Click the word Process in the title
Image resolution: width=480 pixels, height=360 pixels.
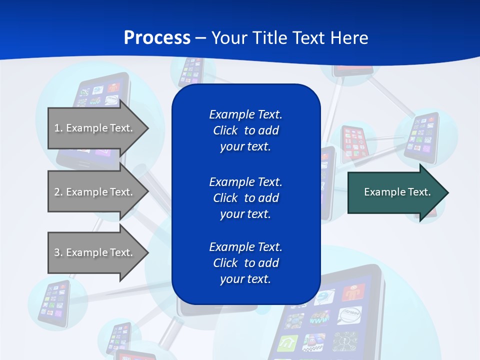tap(157, 38)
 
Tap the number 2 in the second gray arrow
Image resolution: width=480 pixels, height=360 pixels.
tap(57, 192)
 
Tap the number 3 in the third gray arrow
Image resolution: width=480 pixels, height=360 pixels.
tap(57, 252)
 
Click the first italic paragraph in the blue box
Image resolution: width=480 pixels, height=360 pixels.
tap(245, 130)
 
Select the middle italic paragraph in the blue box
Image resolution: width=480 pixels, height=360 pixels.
tap(245, 197)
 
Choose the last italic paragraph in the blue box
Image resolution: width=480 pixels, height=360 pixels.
tap(245, 263)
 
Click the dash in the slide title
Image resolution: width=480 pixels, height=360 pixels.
tap(200, 38)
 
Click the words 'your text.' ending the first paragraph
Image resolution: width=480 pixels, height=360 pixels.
tap(245, 146)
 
